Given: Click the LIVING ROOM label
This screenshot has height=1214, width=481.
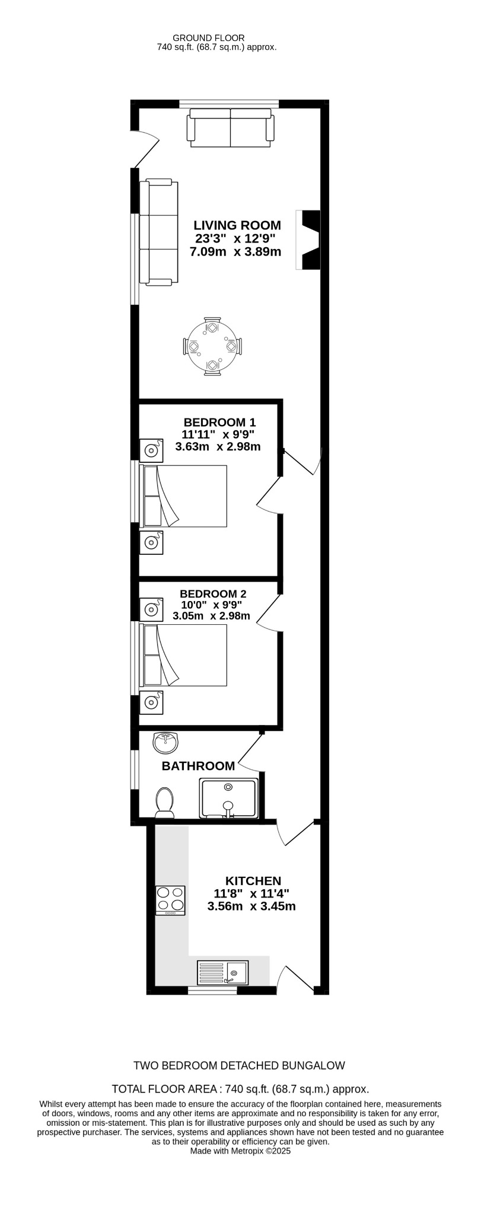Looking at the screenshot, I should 237,225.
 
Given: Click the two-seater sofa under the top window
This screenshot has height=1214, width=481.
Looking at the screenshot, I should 231,128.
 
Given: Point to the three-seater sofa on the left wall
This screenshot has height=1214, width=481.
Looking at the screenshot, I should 158,232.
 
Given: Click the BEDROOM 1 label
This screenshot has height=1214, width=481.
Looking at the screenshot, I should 219,422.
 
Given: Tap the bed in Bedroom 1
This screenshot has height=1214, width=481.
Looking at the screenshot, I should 184,496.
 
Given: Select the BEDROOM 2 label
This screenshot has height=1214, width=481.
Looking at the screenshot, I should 213,594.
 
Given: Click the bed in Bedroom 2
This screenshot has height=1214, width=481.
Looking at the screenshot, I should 184,656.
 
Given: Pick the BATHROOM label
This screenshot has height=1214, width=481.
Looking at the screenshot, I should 198,766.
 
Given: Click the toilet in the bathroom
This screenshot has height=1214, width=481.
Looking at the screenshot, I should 164,802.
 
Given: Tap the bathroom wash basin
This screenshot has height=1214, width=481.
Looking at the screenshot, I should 166,741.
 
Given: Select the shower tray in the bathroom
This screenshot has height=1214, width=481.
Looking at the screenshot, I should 230,798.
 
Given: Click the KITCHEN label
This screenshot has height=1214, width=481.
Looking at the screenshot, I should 253,881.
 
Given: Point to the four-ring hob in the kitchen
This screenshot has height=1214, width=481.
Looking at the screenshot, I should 170,900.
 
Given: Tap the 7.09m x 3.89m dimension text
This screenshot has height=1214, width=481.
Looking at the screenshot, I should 235,252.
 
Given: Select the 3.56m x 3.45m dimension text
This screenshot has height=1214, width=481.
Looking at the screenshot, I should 251,906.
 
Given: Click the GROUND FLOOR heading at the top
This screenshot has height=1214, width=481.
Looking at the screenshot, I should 216,38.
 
